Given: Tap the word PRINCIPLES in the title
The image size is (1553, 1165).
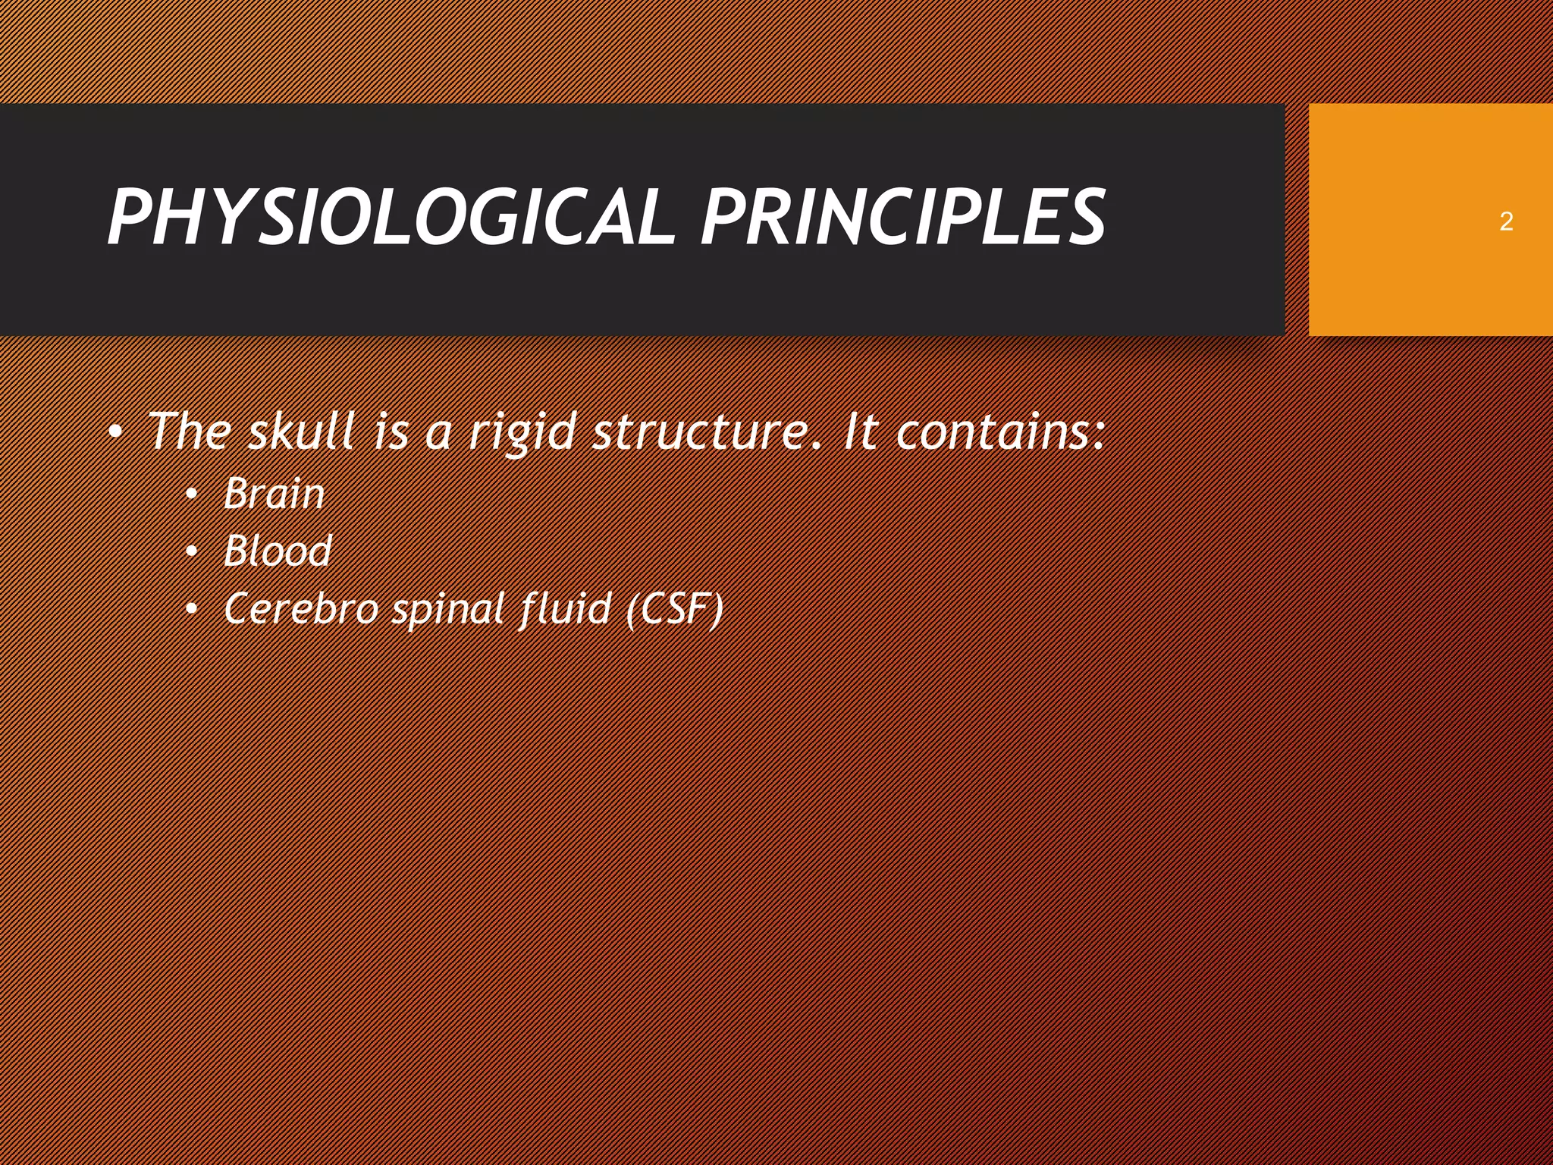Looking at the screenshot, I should (x=902, y=218).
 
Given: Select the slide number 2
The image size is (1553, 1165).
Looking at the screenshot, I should (x=1506, y=221).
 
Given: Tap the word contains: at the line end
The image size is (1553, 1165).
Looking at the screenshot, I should (x=999, y=431).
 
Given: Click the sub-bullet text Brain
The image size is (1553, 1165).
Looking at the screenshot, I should (x=274, y=494).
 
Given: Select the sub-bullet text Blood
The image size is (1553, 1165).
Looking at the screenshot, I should (x=278, y=551).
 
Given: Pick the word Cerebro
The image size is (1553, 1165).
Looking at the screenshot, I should (x=300, y=608).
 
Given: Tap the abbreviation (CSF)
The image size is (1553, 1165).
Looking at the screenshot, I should (x=675, y=608).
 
